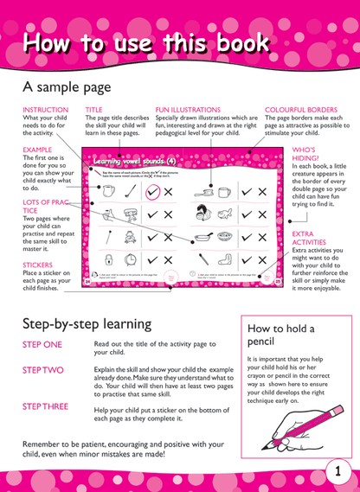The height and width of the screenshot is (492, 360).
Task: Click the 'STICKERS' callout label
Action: pyautogui.click(x=38, y=265)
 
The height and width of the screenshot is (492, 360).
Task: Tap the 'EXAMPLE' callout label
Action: pyautogui.click(x=37, y=150)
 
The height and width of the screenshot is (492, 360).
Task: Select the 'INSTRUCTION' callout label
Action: pyautogui.click(x=44, y=111)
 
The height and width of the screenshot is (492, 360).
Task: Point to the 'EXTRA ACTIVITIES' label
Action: pyautogui.click(x=308, y=239)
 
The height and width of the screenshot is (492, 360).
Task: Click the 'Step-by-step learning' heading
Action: pyautogui.click(x=88, y=323)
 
